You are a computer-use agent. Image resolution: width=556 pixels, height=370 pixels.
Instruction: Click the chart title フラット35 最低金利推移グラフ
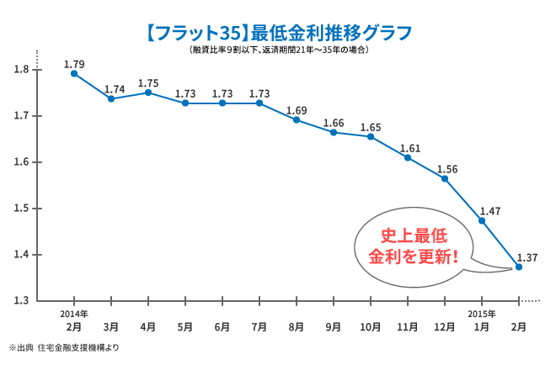pyautogui.click(x=278, y=33)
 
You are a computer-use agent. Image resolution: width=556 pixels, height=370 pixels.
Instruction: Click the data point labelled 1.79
pyautogui.click(x=74, y=74)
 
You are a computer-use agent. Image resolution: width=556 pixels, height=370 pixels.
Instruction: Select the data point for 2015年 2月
pyautogui.click(x=519, y=267)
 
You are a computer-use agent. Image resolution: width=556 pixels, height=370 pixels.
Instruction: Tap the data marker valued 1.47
pyautogui.click(x=482, y=220)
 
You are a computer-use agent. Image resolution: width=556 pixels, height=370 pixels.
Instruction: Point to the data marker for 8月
pyautogui.click(x=297, y=119)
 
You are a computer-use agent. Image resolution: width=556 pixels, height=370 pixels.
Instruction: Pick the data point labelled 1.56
pyautogui.click(x=445, y=178)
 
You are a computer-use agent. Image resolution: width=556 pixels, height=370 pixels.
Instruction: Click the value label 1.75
pyautogui.click(x=148, y=83)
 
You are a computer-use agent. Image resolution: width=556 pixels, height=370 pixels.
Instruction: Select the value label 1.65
pyautogui.click(x=371, y=128)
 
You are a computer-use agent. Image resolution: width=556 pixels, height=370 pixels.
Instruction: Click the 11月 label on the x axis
pyautogui.click(x=408, y=326)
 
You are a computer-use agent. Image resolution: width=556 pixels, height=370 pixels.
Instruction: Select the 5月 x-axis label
pyautogui.click(x=185, y=326)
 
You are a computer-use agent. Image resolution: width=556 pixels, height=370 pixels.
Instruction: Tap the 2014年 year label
pyautogui.click(x=74, y=314)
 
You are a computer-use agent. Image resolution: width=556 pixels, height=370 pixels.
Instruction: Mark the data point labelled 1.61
pyautogui.click(x=408, y=157)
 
